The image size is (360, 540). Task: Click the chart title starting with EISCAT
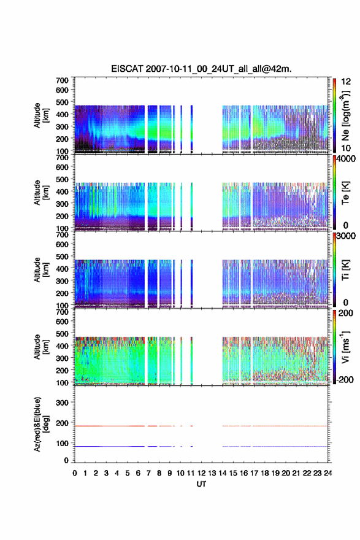pos(201,69)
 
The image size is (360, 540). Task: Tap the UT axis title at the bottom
pos(201,484)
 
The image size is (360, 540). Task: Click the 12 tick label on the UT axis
pos(201,473)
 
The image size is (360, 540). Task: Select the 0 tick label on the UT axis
pos(75,473)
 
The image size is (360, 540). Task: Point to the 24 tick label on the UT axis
pos(327,473)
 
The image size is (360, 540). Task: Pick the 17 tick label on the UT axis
pos(254,473)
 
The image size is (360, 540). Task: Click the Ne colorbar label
pos(346,116)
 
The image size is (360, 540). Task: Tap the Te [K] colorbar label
pos(345,193)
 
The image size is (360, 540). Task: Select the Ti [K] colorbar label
pos(345,270)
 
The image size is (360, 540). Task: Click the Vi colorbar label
pos(346,347)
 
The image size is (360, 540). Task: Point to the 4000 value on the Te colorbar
pos(347,159)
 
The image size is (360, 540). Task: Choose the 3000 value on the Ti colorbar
pos(347,236)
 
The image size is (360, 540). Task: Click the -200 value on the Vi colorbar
pos(345,379)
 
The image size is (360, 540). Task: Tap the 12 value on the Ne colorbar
pos(347,82)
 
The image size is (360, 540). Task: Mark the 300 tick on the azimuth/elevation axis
pos(63,403)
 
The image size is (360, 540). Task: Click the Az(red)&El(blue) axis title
pos(40,424)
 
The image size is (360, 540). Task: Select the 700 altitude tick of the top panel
pos(63,80)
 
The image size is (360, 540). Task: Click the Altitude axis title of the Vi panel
pos(40,347)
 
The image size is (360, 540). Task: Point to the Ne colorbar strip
pos(334,115)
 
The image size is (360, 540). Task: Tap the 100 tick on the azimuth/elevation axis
pos(63,443)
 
